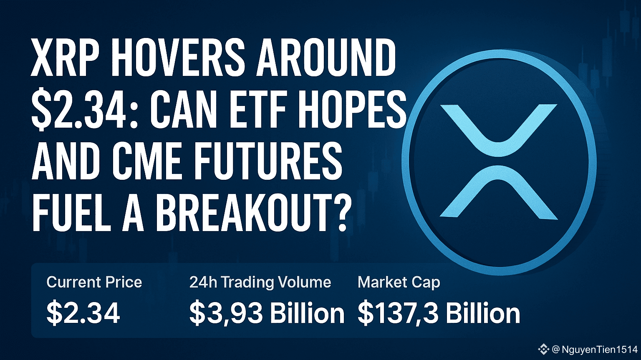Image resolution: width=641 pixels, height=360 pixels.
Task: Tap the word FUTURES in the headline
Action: click(x=268, y=161)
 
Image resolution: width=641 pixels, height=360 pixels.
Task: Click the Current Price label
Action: click(x=94, y=282)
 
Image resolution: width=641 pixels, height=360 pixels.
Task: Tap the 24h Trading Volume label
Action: click(x=260, y=282)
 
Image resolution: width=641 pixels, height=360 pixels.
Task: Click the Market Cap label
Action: click(x=399, y=282)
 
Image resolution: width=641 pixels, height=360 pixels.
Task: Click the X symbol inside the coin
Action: click(x=499, y=161)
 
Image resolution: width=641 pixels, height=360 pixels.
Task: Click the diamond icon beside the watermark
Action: click(x=543, y=349)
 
